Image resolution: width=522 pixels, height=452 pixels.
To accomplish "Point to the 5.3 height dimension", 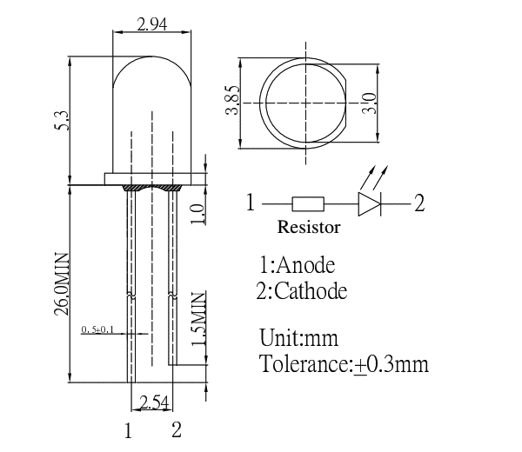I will (62, 121).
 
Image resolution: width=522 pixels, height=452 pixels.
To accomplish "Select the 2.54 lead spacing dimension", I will (152, 402).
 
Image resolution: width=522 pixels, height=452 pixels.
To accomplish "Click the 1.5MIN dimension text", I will (198, 324).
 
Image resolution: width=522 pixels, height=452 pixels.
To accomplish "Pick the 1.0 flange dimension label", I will (198, 211).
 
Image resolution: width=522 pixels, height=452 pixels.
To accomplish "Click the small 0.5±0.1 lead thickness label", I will (97, 329).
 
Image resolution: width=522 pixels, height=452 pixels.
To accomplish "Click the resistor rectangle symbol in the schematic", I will (308, 205).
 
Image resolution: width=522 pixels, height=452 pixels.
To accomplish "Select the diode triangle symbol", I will (369, 205).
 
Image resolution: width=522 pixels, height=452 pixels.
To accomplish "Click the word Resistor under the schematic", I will (309, 228).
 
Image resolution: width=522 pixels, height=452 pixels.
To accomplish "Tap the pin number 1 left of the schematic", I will (251, 204).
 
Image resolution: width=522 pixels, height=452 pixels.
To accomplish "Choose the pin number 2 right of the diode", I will (419, 204).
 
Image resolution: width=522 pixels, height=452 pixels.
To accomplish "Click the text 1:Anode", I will (297, 264).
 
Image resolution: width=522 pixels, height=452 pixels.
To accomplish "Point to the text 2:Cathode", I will (302, 290).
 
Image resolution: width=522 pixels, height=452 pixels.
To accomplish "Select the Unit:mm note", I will (298, 337).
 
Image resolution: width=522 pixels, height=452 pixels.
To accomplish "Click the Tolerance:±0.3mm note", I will (345, 363).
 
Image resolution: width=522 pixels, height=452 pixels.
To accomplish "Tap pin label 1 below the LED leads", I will (128, 429).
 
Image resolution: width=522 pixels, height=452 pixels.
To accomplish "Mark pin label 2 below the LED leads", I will (176, 429).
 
